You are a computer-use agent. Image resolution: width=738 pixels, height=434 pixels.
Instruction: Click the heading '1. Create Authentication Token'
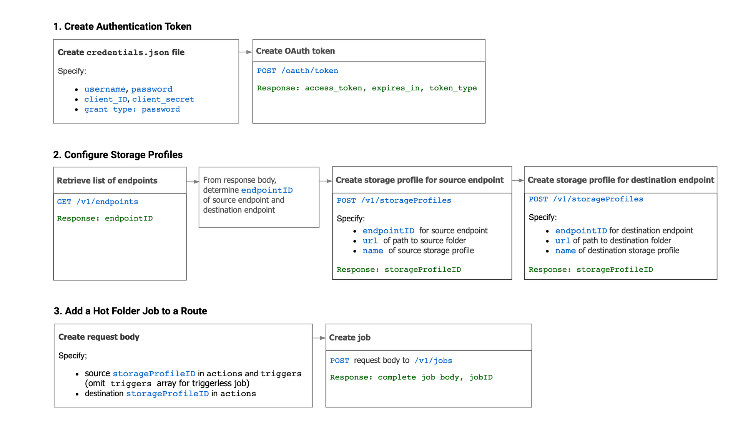click(122, 27)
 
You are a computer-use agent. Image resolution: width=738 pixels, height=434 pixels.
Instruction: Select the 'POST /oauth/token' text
click(298, 71)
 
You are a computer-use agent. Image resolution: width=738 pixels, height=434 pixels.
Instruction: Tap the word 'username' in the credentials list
click(105, 89)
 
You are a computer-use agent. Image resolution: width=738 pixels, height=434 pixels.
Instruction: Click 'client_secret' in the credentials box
click(163, 99)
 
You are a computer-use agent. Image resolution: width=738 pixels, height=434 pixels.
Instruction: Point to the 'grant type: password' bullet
click(132, 109)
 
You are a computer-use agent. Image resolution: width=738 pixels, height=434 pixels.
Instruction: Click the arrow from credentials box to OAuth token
click(245, 52)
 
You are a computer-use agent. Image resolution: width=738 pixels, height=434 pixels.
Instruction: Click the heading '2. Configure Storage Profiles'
click(118, 155)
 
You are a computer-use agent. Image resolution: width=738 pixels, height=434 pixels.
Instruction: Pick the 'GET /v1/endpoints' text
click(97, 202)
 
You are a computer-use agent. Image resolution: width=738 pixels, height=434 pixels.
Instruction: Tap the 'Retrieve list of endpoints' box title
click(107, 180)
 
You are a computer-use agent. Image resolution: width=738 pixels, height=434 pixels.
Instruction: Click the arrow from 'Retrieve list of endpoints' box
click(193, 182)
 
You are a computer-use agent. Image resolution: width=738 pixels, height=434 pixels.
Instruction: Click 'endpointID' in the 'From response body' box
click(267, 190)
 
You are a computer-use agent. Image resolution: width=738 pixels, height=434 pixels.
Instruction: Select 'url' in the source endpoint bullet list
click(370, 241)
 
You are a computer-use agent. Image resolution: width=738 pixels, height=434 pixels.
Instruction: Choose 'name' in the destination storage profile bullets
click(565, 251)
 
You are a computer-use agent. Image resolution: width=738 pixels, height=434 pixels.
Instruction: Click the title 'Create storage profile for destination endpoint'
click(620, 180)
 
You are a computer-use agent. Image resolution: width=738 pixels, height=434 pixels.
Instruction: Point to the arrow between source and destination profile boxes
click(518, 180)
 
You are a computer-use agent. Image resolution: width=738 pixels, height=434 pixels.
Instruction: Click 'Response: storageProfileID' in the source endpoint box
click(399, 270)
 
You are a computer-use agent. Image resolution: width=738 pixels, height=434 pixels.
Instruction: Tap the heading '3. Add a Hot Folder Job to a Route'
click(130, 311)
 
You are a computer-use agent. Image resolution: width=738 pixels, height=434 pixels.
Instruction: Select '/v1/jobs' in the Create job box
click(433, 361)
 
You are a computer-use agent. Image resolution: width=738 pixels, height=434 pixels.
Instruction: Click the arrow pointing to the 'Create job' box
click(319, 338)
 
